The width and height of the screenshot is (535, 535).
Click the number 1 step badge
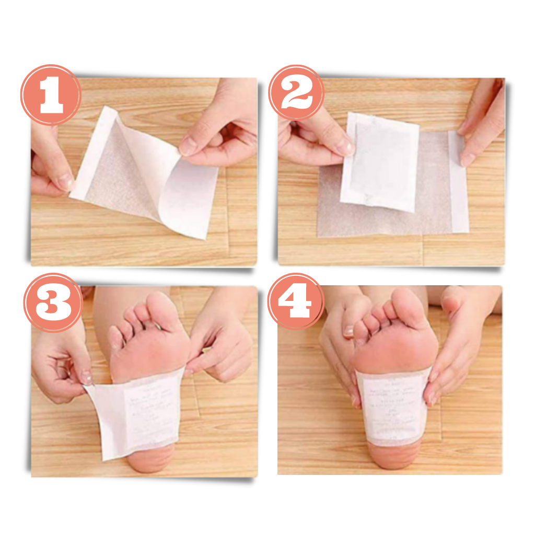(x=51, y=95)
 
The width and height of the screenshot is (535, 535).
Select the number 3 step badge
(x=52, y=303)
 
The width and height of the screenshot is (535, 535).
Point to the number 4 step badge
(x=296, y=302)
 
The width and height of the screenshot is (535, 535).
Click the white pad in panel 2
(x=380, y=162)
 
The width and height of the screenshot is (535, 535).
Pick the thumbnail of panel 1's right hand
(x=190, y=146)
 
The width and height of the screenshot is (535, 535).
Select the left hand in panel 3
(x=57, y=366)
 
